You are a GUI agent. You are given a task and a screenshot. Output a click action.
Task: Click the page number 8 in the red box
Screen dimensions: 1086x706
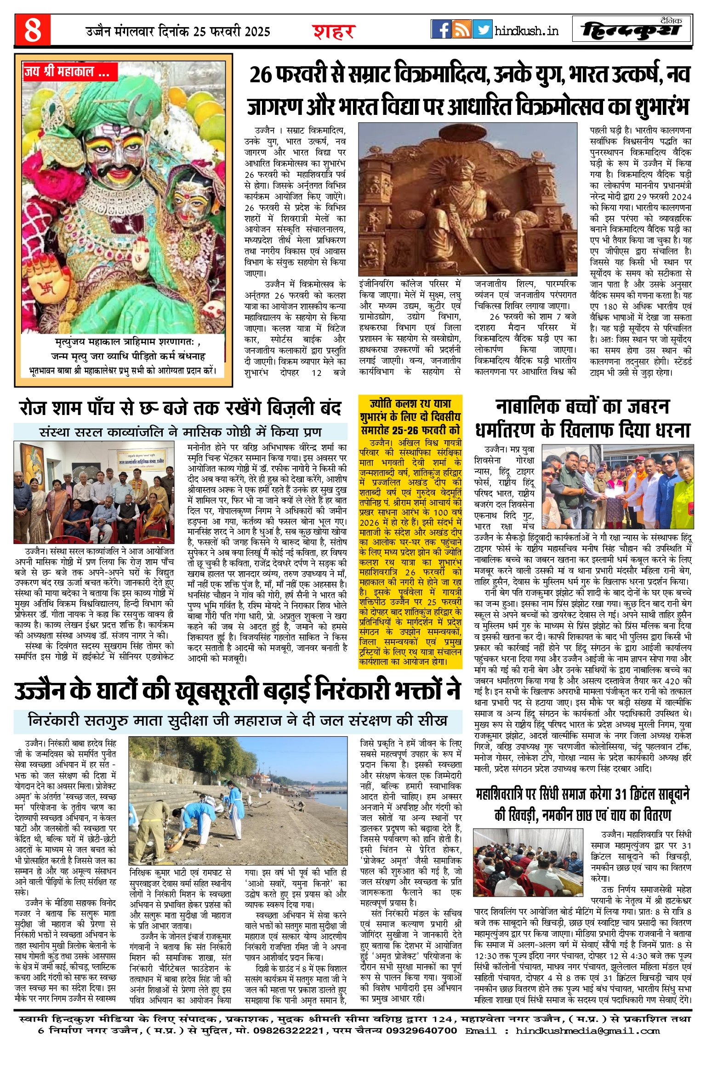33,30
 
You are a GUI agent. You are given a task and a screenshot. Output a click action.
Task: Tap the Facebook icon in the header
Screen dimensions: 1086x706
441,29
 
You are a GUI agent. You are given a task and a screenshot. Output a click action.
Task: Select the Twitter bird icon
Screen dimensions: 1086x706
482,29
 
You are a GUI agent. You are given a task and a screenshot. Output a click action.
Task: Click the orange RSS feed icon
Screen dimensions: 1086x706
461,29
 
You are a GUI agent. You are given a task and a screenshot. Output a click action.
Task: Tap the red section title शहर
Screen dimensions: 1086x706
334,32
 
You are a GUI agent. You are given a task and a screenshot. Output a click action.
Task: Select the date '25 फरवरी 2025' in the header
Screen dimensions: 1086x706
232,32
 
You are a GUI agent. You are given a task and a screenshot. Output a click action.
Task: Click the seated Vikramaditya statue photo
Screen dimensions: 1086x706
467,199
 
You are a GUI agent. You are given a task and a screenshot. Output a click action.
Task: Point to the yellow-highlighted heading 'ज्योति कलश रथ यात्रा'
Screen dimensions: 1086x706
410,404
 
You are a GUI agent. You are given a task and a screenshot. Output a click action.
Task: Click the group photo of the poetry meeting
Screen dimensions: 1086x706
94,492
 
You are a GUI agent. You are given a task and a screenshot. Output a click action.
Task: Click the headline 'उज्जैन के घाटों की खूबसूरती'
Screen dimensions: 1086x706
237,692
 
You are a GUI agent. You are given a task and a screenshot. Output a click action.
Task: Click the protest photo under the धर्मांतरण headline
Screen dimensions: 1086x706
618,486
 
